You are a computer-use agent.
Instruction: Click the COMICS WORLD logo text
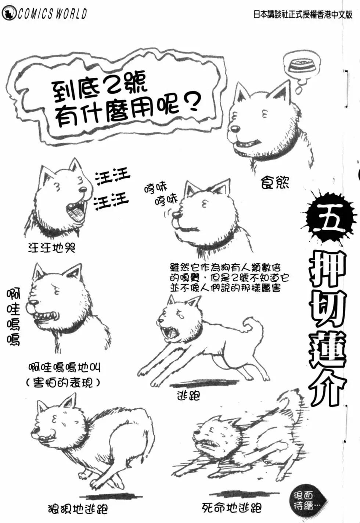point(45,14)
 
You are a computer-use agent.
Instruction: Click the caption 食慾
point(275,182)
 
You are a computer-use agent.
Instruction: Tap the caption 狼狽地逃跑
point(78,509)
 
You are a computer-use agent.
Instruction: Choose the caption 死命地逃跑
point(232,508)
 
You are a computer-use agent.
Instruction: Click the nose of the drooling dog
point(235,129)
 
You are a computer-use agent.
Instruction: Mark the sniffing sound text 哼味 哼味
point(161,194)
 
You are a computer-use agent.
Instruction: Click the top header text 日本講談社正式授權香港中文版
point(303,15)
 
